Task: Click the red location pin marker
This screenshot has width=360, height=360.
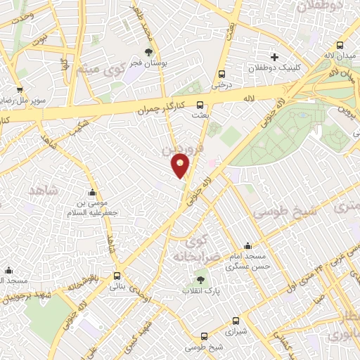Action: pos(180,166)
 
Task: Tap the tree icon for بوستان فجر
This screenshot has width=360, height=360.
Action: pos(148,51)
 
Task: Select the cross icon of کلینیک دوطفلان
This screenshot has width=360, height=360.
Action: pos(274,57)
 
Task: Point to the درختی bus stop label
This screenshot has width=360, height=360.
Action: pos(221,84)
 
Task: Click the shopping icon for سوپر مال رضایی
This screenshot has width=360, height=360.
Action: pos(20,90)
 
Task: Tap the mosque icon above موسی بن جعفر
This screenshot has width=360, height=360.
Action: pos(91,193)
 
